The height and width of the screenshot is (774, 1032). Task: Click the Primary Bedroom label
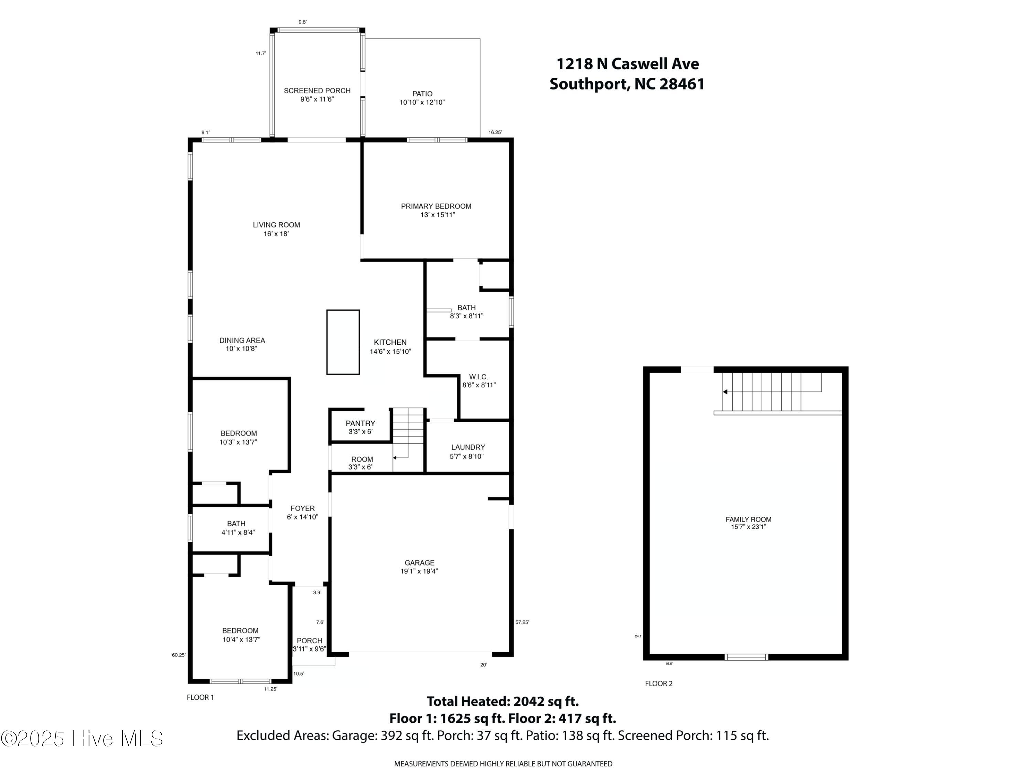click(436, 206)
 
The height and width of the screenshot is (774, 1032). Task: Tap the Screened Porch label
click(317, 90)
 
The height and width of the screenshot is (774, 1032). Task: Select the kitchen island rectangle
click(343, 342)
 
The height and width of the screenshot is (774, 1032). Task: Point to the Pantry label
click(360, 423)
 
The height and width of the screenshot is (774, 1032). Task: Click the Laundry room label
click(468, 447)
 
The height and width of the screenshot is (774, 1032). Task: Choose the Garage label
click(419, 563)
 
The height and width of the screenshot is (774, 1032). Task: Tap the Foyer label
click(302, 508)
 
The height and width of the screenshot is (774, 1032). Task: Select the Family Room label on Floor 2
click(748, 519)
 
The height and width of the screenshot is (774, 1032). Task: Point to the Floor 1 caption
click(200, 698)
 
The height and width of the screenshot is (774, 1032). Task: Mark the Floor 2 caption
click(659, 684)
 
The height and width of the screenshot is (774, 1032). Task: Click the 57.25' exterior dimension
click(522, 622)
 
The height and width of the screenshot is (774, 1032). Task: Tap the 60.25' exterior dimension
click(179, 655)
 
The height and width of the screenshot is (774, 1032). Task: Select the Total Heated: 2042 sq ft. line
click(503, 701)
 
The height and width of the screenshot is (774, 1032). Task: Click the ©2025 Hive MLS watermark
click(82, 738)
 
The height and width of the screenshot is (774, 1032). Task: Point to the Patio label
click(422, 94)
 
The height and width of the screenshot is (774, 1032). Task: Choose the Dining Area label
click(242, 341)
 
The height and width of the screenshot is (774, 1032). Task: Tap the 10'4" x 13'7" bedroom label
click(241, 639)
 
